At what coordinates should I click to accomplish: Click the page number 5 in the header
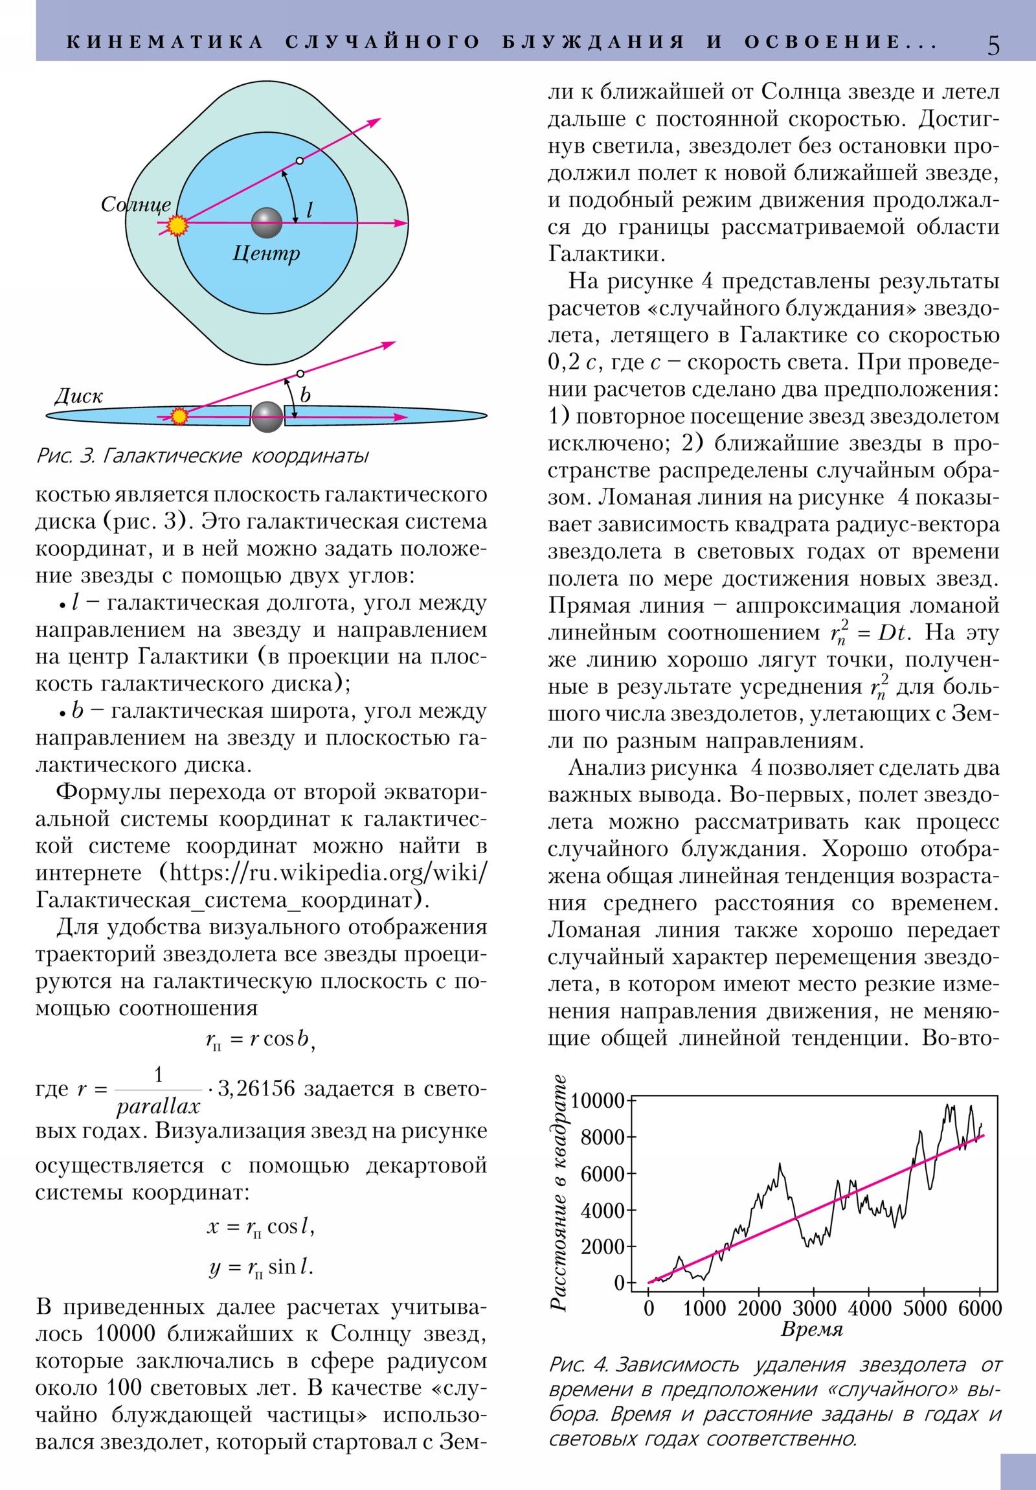[x=993, y=45]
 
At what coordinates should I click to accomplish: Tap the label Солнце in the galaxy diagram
[x=135, y=205]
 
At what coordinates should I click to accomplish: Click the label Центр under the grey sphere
[x=266, y=253]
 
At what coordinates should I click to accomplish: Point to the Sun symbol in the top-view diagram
[x=177, y=225]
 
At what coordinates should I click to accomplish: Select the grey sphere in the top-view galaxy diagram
[x=267, y=223]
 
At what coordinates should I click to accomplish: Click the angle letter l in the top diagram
[x=310, y=210]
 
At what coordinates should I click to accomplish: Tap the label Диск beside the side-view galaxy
[x=78, y=396]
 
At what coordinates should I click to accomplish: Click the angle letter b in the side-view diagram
[x=305, y=394]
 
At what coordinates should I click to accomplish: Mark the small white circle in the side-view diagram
[x=300, y=374]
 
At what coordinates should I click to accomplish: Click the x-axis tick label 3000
[x=814, y=1308]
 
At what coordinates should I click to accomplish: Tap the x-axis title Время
[x=811, y=1329]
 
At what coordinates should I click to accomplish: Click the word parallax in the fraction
[x=158, y=1106]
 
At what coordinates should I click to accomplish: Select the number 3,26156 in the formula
[x=256, y=1088]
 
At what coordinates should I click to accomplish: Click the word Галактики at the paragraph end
[x=606, y=253]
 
